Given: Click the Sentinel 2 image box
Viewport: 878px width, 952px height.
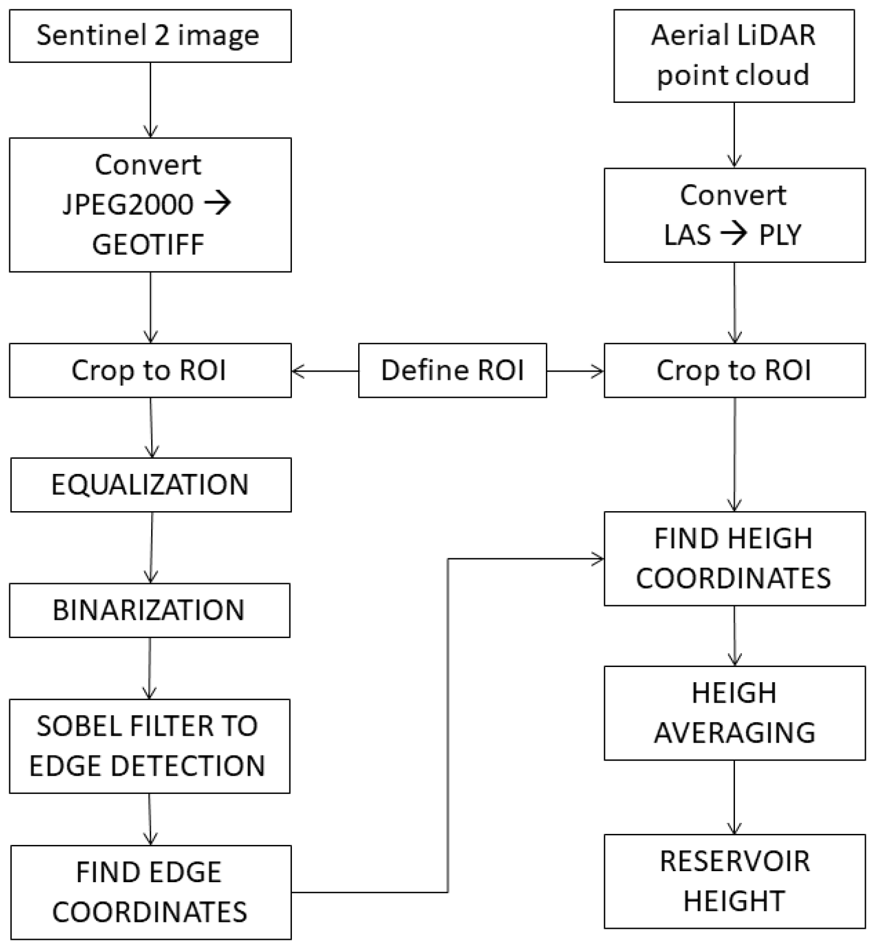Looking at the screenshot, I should point(150,36).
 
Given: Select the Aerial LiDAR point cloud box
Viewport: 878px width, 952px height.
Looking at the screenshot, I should point(734,56).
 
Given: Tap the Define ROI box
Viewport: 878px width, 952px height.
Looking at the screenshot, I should point(452,370).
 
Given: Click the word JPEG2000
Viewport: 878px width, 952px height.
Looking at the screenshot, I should point(128,205).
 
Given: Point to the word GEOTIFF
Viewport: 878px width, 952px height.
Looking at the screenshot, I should point(148,244).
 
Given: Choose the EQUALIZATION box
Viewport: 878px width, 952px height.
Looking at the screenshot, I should point(151,485).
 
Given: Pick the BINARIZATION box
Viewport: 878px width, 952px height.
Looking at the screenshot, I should point(149,611).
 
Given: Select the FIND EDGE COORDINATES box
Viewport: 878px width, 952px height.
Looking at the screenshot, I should point(151,892).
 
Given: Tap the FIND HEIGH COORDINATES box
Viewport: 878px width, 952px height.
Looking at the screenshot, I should point(734,559).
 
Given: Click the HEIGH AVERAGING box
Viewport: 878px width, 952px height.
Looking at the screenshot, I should point(734,713).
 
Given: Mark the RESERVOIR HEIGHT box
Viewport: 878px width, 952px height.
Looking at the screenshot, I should point(734,881).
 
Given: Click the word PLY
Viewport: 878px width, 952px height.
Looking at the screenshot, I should point(780,235).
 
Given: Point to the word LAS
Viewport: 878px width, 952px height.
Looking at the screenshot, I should point(687,235).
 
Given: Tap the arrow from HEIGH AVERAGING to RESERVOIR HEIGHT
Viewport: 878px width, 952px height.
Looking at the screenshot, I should point(734,797).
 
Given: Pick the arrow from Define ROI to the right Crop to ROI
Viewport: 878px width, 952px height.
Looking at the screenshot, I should point(575,371).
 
